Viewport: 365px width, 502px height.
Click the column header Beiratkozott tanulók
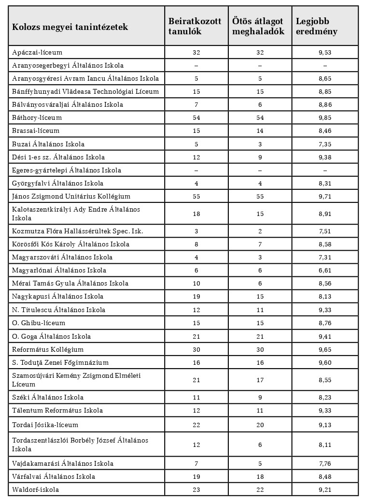(x=195, y=26)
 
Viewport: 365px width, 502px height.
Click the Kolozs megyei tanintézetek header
(x=70, y=27)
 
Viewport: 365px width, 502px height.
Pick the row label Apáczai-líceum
(x=37, y=52)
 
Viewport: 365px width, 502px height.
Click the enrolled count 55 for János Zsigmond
(x=196, y=197)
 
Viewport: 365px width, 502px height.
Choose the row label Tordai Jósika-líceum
(x=45, y=425)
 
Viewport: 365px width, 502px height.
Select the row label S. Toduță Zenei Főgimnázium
(x=60, y=362)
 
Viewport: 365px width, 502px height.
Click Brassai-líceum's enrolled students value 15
(x=196, y=131)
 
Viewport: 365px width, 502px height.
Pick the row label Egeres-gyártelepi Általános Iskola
(x=67, y=170)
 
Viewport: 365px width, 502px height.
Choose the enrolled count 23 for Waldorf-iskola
(x=196, y=489)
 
